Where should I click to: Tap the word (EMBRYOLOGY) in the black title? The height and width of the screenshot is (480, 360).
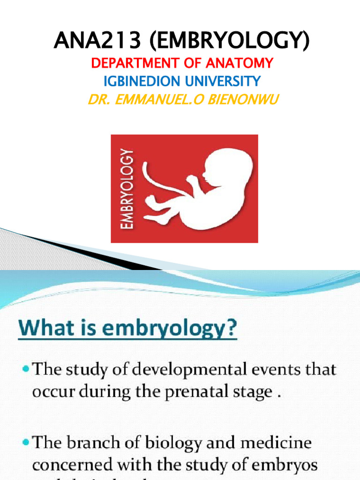point(228,41)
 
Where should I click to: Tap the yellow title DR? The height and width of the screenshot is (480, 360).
point(96,100)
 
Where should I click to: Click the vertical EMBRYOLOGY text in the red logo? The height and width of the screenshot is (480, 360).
point(127,188)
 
